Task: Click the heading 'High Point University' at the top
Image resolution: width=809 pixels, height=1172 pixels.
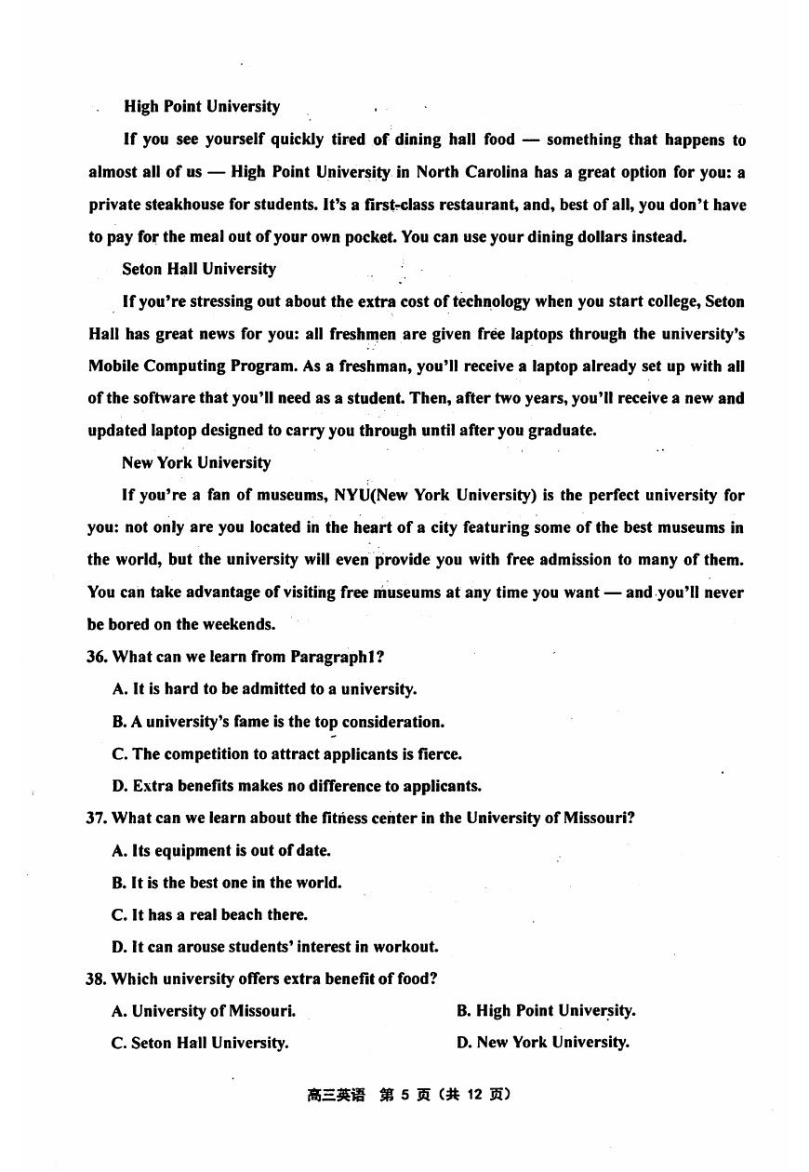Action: pyautogui.click(x=202, y=107)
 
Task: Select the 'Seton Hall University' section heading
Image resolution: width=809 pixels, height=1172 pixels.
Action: pyautogui.click(x=199, y=269)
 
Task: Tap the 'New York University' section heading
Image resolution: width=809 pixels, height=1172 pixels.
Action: pyautogui.click(x=196, y=462)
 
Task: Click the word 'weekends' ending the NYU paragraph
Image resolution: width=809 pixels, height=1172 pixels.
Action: pyautogui.click(x=242, y=624)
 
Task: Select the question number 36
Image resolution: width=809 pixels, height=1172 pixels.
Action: pyautogui.click(x=97, y=657)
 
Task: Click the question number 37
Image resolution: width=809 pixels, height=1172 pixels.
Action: pyautogui.click(x=97, y=819)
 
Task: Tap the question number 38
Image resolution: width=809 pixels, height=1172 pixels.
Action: pyautogui.click(x=97, y=979)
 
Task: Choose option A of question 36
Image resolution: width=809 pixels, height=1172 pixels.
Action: pyautogui.click(x=264, y=689)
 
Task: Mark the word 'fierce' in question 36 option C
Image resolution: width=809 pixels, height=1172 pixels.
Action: pyautogui.click(x=440, y=754)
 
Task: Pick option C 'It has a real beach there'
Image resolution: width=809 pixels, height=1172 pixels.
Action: pyautogui.click(x=210, y=915)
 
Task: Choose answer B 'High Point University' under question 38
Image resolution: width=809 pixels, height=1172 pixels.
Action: pyautogui.click(x=546, y=1011)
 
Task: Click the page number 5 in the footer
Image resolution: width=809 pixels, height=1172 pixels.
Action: pyautogui.click(x=405, y=1095)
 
